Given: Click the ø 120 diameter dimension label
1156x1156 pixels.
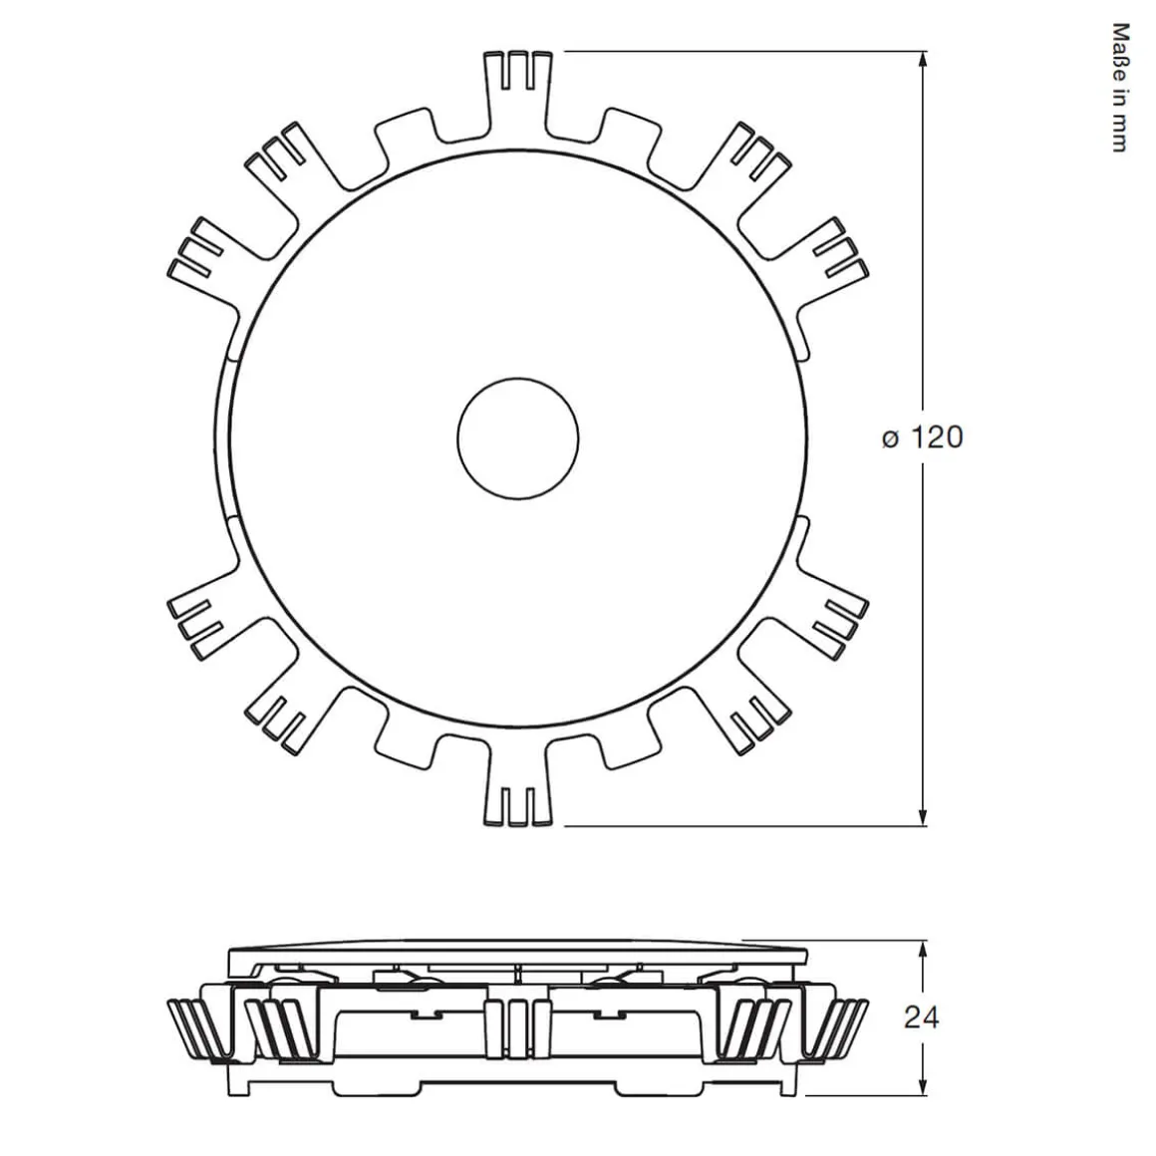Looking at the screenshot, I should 922,437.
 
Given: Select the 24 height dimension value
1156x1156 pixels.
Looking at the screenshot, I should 922,1017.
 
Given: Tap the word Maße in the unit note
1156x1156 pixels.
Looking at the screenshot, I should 1119,45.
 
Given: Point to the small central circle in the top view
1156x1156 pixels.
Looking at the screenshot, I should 518,437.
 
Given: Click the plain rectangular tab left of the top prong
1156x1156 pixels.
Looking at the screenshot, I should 407,140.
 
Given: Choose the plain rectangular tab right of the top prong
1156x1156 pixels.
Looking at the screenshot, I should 630,140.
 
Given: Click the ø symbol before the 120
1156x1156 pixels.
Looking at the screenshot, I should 890,438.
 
